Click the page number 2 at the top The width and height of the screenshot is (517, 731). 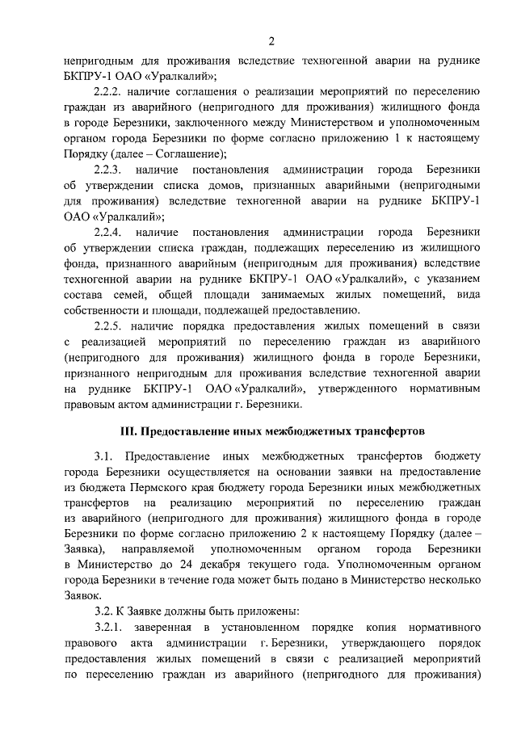pyautogui.click(x=272, y=41)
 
